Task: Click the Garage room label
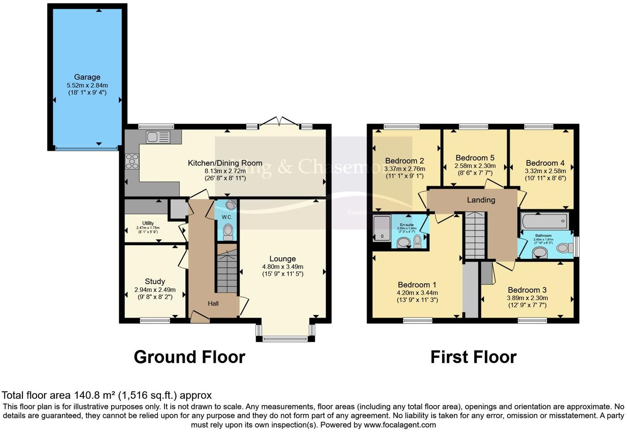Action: pyautogui.click(x=87, y=77)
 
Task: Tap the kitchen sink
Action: pyautogui.click(x=158, y=137)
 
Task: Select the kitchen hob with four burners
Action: pyautogui.click(x=132, y=161)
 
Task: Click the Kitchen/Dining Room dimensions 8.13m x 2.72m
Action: pyautogui.click(x=225, y=171)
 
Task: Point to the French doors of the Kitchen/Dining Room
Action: pyautogui.click(x=279, y=122)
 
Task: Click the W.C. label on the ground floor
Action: pyautogui.click(x=227, y=217)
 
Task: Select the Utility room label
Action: pyautogui.click(x=148, y=223)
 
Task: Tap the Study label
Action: pyautogui.click(x=155, y=282)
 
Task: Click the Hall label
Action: pyautogui.click(x=213, y=304)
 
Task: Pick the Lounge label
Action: pyautogui.click(x=283, y=259)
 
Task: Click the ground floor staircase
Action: pyautogui.click(x=226, y=272)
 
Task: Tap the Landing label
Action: pyautogui.click(x=481, y=200)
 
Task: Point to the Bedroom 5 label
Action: pyautogui.click(x=475, y=158)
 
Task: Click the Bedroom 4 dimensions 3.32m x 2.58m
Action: pyautogui.click(x=545, y=171)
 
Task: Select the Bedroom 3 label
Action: pyautogui.click(x=527, y=290)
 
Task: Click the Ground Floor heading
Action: pyautogui.click(x=189, y=357)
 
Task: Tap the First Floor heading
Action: pyautogui.click(x=473, y=357)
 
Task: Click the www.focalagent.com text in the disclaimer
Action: pyautogui.click(x=400, y=425)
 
